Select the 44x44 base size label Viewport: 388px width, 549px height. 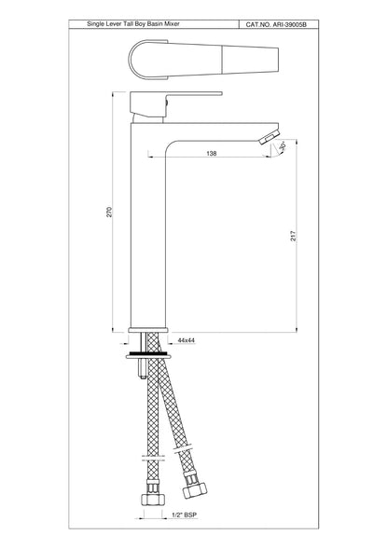pyautogui.click(x=186, y=341)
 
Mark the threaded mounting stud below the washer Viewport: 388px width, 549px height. pyautogui.click(x=140, y=368)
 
